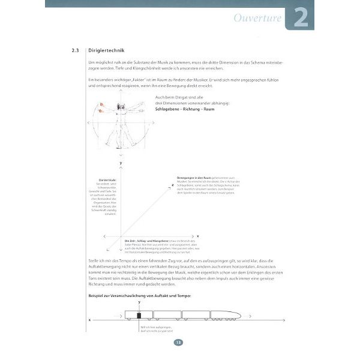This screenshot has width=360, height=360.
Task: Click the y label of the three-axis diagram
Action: [x=121, y=163]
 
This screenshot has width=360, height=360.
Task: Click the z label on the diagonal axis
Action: [x=173, y=185]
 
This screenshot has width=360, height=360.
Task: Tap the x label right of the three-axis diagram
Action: [x=197, y=235]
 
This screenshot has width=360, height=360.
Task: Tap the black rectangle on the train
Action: [x=139, y=316]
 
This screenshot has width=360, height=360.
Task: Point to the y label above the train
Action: [x=139, y=304]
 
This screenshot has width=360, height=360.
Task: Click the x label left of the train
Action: [x=89, y=320]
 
